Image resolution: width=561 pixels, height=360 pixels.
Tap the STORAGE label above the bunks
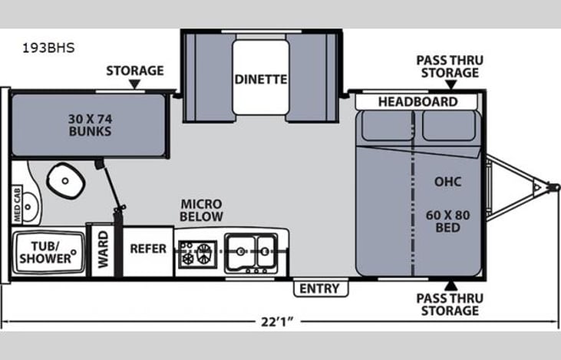click(134, 71)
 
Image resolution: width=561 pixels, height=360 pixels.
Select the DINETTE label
click(261, 78)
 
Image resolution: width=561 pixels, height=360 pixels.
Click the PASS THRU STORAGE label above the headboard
click(447, 66)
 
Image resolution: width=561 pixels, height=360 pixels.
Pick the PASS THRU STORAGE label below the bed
click(447, 304)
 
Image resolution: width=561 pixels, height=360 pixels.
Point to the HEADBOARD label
click(417, 101)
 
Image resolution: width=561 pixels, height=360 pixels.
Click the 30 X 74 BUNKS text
click(89, 124)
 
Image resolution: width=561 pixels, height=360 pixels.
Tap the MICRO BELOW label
click(201, 210)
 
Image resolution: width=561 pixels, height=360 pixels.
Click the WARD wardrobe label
click(101, 251)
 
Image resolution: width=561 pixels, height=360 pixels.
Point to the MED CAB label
click(17, 203)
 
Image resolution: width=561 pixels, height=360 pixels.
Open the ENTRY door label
click(320, 288)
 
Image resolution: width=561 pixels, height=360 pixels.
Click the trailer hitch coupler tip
click(549, 187)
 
